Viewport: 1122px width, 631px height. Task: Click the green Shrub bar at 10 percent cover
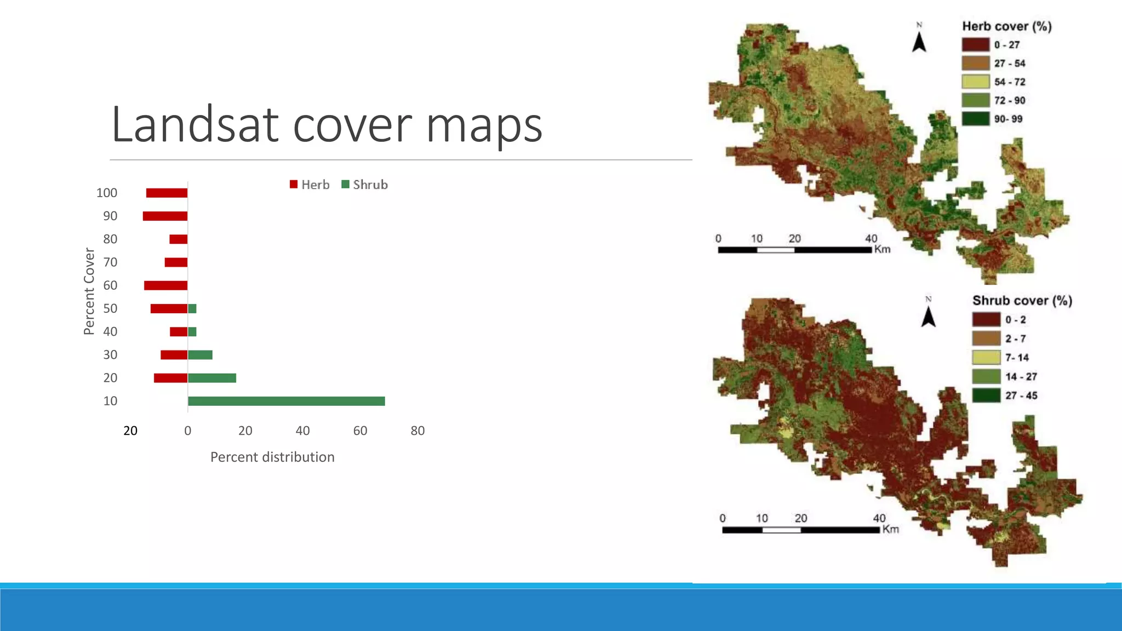tap(286, 401)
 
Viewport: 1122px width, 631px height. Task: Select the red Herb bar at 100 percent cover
tap(167, 193)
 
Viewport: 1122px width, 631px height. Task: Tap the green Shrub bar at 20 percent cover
tap(212, 378)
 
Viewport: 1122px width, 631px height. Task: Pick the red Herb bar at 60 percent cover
tap(165, 285)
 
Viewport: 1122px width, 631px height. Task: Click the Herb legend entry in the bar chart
tap(310, 185)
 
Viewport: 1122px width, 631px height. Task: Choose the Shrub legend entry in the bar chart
tap(365, 185)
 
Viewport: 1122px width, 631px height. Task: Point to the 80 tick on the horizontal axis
tap(417, 431)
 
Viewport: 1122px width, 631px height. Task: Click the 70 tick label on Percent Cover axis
tap(110, 262)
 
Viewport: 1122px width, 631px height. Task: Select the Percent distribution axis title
tap(272, 457)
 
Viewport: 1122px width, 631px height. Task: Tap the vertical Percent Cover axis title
tap(89, 291)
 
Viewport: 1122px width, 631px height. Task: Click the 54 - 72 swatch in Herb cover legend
tap(975, 82)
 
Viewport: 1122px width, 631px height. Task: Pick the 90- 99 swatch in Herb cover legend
tap(975, 119)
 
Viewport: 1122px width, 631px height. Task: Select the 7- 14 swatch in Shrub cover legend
tap(986, 357)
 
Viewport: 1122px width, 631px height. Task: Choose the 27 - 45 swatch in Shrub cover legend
tap(986, 395)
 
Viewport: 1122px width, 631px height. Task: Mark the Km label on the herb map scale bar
tap(882, 249)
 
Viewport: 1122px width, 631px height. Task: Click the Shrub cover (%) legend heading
tap(1022, 301)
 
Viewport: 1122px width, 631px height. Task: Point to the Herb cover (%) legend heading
tap(1006, 26)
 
